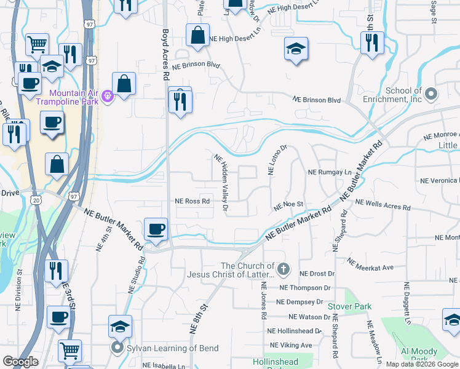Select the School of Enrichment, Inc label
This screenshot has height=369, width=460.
(394, 95)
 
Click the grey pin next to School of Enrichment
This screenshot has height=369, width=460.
(431, 94)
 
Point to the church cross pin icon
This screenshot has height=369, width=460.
(283, 269)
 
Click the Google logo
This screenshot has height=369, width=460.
(20, 362)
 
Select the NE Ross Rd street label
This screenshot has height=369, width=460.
(192, 201)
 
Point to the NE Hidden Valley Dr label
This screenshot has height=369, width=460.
(221, 183)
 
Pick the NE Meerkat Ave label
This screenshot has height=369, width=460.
(370, 264)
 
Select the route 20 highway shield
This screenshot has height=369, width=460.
(36, 199)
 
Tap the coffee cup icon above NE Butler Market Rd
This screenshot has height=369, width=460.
(155, 229)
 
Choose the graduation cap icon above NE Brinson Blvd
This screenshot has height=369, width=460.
(296, 48)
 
